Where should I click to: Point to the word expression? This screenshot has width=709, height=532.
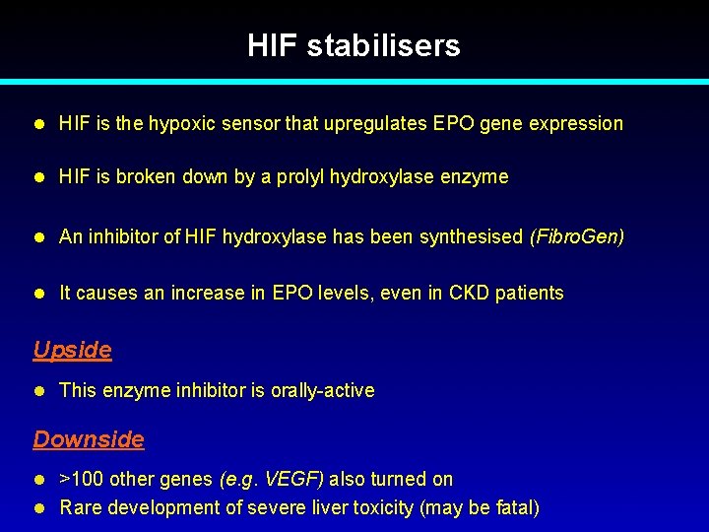576,124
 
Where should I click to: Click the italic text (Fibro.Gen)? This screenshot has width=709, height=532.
577,236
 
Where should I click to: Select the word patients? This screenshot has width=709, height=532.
531,293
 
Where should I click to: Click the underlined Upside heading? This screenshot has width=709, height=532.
72,350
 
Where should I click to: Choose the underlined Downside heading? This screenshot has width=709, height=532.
89,439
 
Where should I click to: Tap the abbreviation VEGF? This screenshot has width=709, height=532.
294,480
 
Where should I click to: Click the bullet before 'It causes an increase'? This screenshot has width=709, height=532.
40,293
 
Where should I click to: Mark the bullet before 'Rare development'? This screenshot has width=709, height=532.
40,508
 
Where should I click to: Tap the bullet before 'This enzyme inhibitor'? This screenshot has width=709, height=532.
40,390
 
